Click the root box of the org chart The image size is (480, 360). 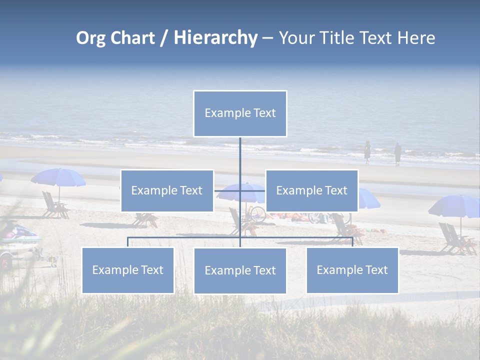[x=240, y=113]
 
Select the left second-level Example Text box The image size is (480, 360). [x=167, y=190]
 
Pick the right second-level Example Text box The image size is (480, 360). [x=311, y=190]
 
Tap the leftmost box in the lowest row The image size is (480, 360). [x=128, y=270]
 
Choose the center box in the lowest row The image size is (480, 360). [x=240, y=270]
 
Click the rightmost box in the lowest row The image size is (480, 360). [x=352, y=270]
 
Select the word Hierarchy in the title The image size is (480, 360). [x=215, y=38]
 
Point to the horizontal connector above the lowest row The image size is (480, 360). [x=185, y=237]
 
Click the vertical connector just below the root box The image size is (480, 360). [x=240, y=152]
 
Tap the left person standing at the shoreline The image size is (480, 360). [x=367, y=152]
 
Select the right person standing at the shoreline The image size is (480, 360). [x=397, y=153]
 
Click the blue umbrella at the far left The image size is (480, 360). [x=58, y=176]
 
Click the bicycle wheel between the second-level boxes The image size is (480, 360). [x=258, y=214]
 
